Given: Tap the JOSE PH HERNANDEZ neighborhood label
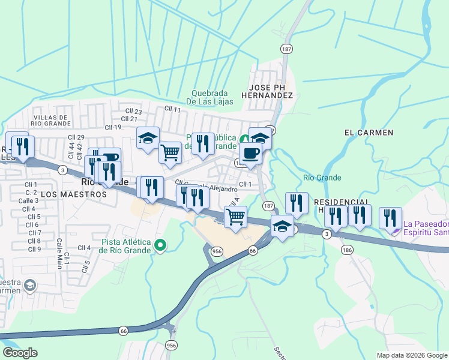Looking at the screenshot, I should (267, 91).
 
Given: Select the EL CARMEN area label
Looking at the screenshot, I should (369, 132).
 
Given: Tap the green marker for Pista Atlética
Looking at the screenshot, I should (160, 245).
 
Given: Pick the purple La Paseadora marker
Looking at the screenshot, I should (393, 228).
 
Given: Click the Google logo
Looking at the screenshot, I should (20, 353).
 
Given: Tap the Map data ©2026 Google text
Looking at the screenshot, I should (412, 355).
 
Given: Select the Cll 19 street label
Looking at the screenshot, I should (113, 127).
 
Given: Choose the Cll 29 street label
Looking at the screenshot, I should (76, 138).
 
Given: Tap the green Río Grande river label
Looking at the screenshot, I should (322, 178).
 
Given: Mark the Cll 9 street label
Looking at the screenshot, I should (34, 249).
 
